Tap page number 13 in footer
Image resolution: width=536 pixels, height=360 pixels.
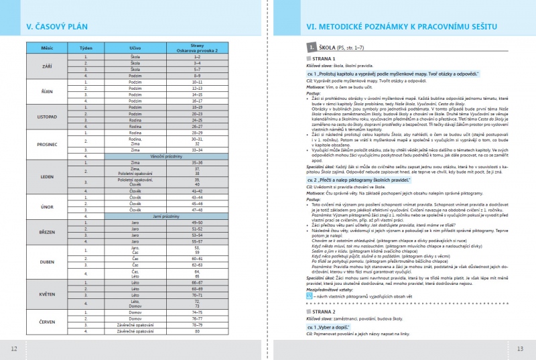pos(521,349)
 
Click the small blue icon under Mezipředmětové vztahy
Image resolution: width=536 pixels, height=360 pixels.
pos(300,296)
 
